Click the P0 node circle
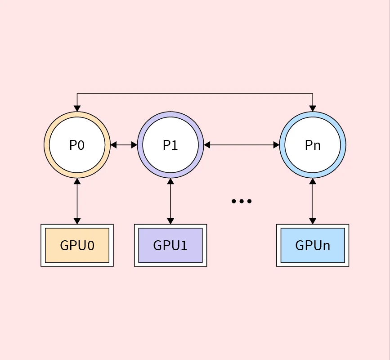77,145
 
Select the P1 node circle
170,145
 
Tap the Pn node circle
313,145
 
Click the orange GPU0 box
77,245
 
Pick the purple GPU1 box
170,245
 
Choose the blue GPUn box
313,245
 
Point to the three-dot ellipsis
242,201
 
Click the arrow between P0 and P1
124,145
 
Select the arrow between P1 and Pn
242,145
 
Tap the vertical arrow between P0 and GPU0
77,201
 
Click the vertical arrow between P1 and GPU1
170,201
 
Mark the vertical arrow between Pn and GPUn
313,201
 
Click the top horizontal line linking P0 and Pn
195,94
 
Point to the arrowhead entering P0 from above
77,108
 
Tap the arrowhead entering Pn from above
313,108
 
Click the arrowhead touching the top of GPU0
77,221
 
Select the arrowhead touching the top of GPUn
313,221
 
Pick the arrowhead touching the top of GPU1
170,221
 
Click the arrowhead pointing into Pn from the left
276,145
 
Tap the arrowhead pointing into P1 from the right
207,145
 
